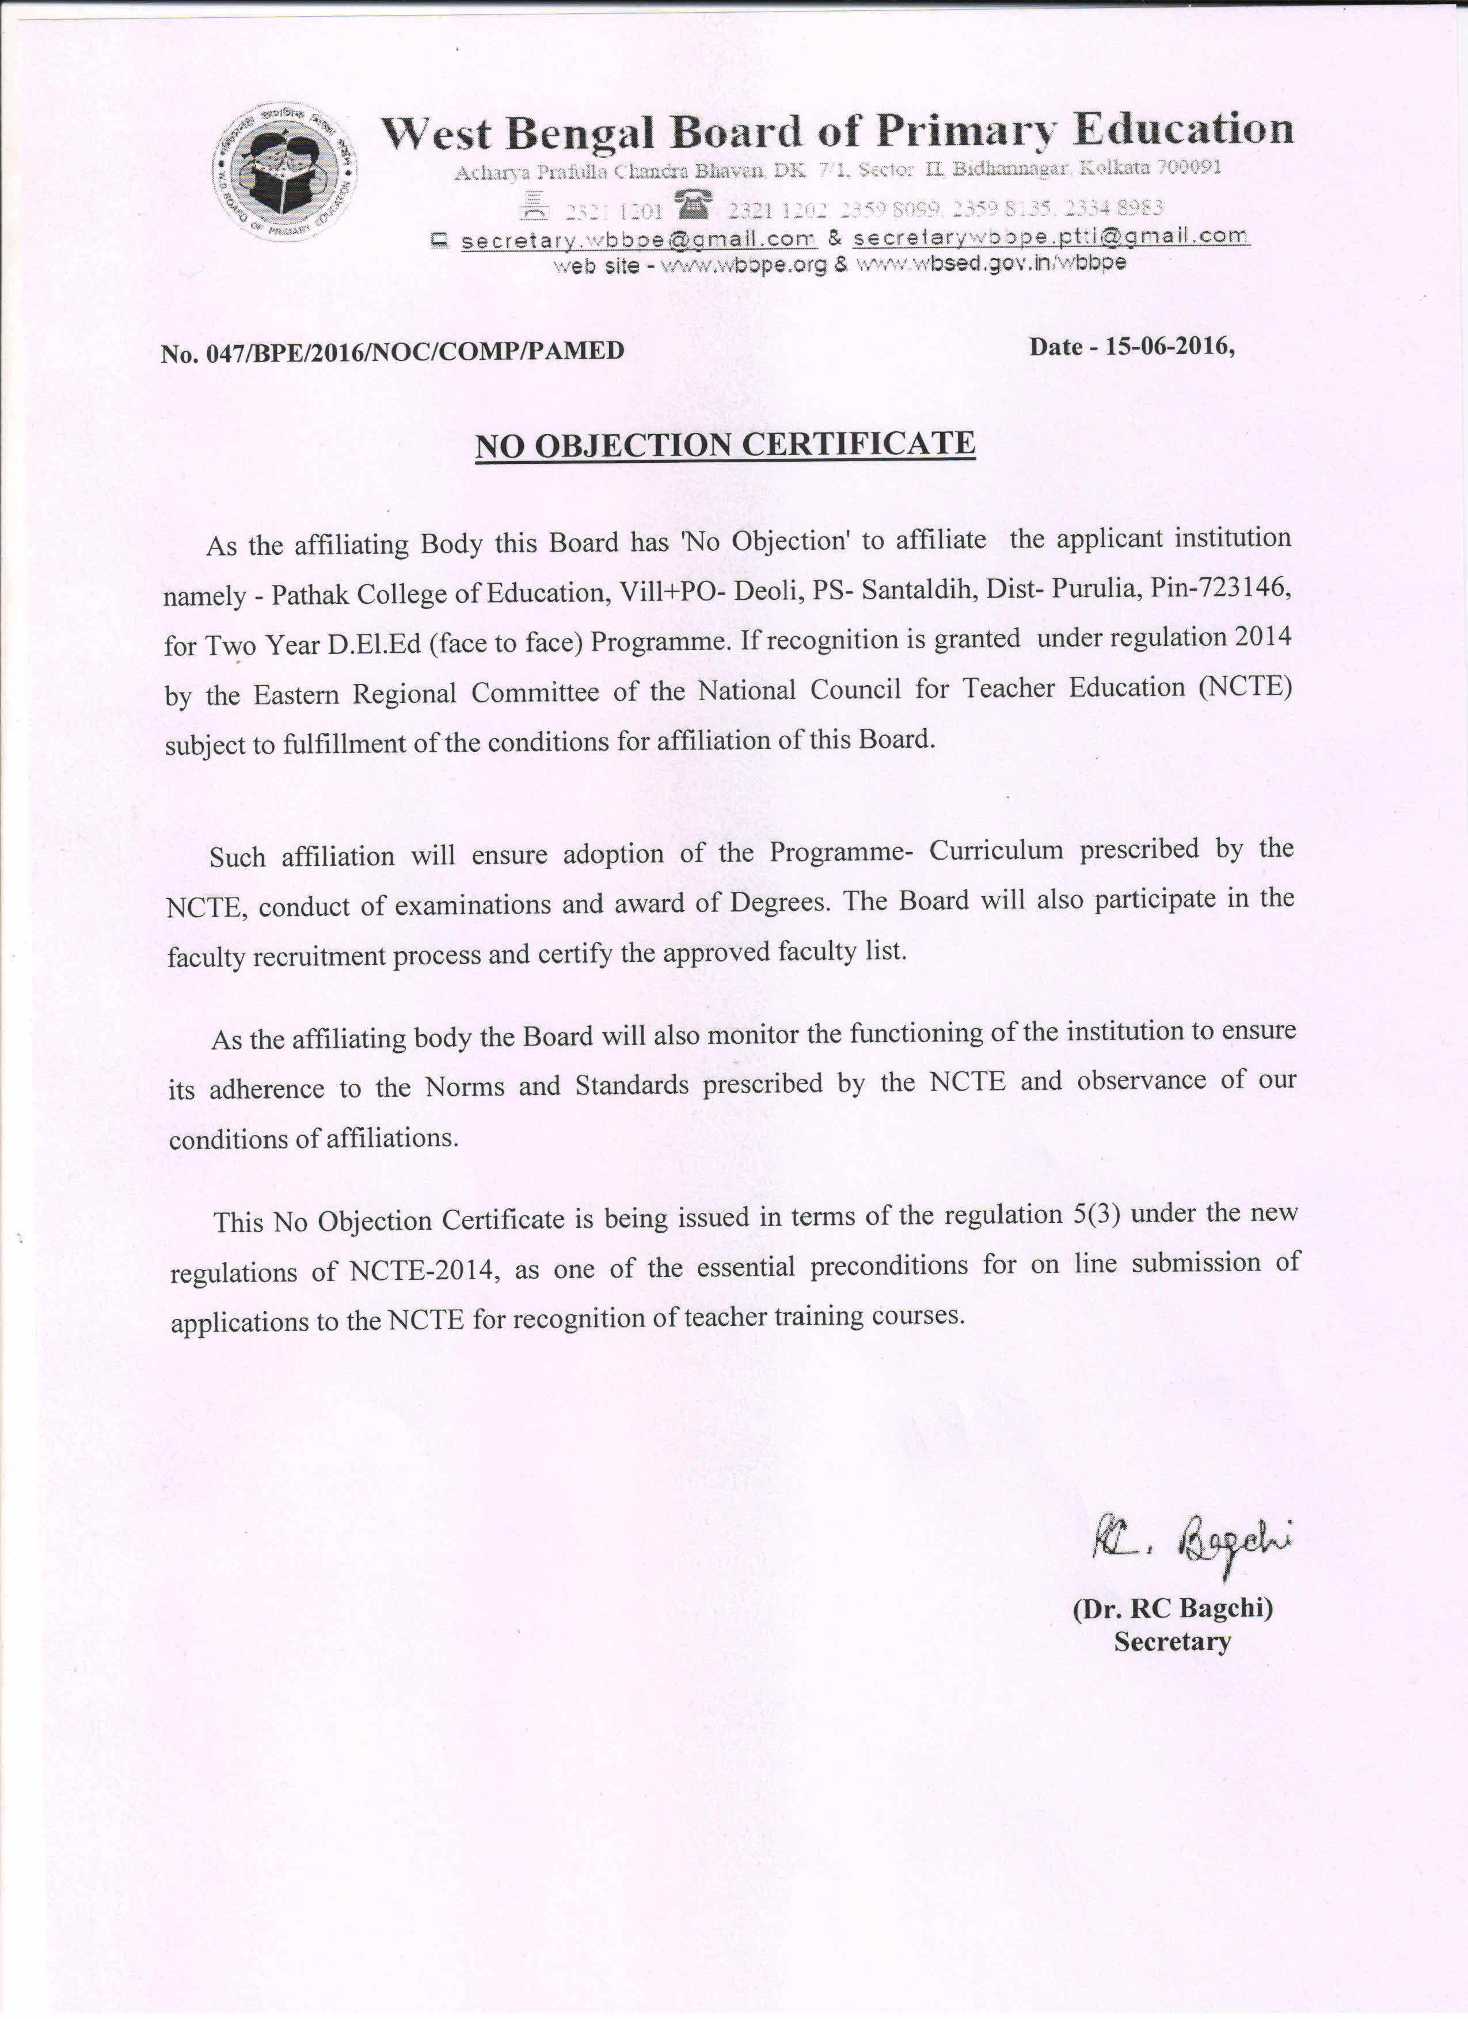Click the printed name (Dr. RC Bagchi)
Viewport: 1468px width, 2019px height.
coord(1173,1609)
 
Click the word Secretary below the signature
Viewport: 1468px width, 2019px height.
coord(1173,1641)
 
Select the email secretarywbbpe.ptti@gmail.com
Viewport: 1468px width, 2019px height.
coord(1051,237)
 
